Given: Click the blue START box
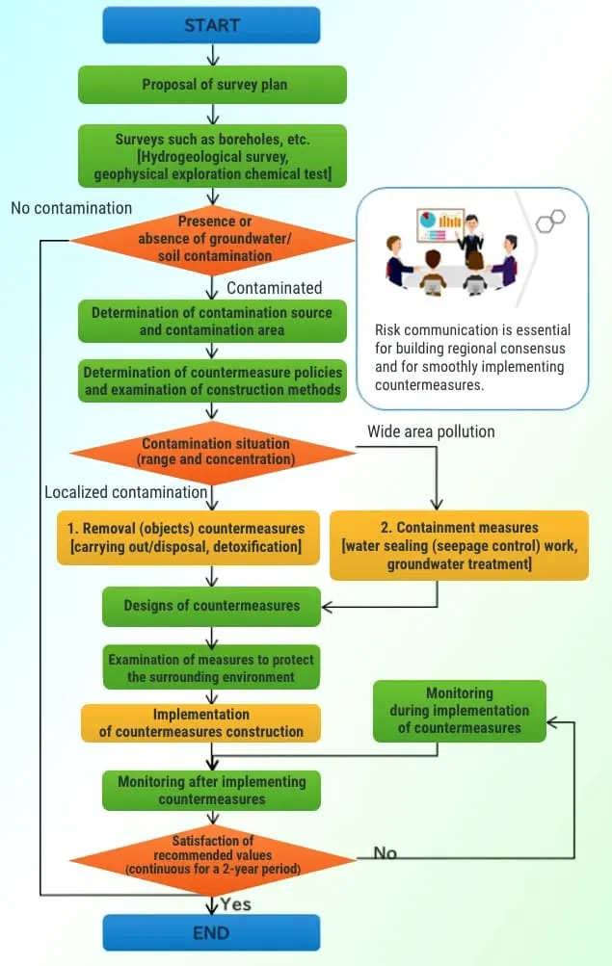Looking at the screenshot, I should point(211,25).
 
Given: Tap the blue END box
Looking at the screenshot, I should point(211,931).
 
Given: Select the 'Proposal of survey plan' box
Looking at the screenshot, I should point(213,85).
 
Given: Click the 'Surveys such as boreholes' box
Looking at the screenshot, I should point(212,156).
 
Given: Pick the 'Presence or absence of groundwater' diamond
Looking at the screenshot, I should point(213,239).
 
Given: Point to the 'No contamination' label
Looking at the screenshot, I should point(71,207).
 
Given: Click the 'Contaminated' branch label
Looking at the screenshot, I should point(274,288).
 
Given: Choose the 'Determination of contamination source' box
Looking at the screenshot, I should point(212,322).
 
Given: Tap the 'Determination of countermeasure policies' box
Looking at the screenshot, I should point(212,380).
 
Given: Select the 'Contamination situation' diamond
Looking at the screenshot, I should point(214,452).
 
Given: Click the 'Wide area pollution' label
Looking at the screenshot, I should point(431,431).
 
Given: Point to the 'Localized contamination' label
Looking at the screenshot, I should point(125,492).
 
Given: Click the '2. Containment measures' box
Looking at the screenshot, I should point(459,545).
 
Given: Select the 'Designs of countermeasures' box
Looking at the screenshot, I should point(212,606).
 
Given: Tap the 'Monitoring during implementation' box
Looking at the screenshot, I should point(459,711).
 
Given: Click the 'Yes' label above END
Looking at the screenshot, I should point(236,904).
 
